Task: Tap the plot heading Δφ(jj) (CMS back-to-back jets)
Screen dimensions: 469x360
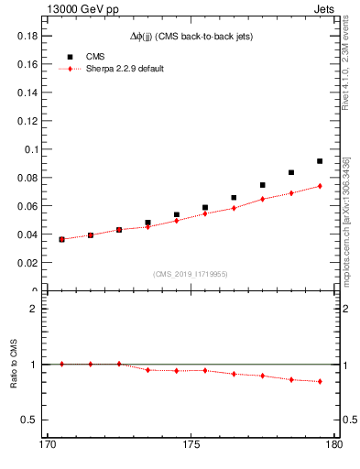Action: pos(190,36)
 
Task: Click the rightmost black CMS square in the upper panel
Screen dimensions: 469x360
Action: pos(320,161)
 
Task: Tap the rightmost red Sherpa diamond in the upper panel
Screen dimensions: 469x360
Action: pos(320,186)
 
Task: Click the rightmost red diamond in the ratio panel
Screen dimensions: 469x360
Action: pos(320,381)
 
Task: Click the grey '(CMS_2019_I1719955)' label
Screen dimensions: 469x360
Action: pos(190,272)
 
